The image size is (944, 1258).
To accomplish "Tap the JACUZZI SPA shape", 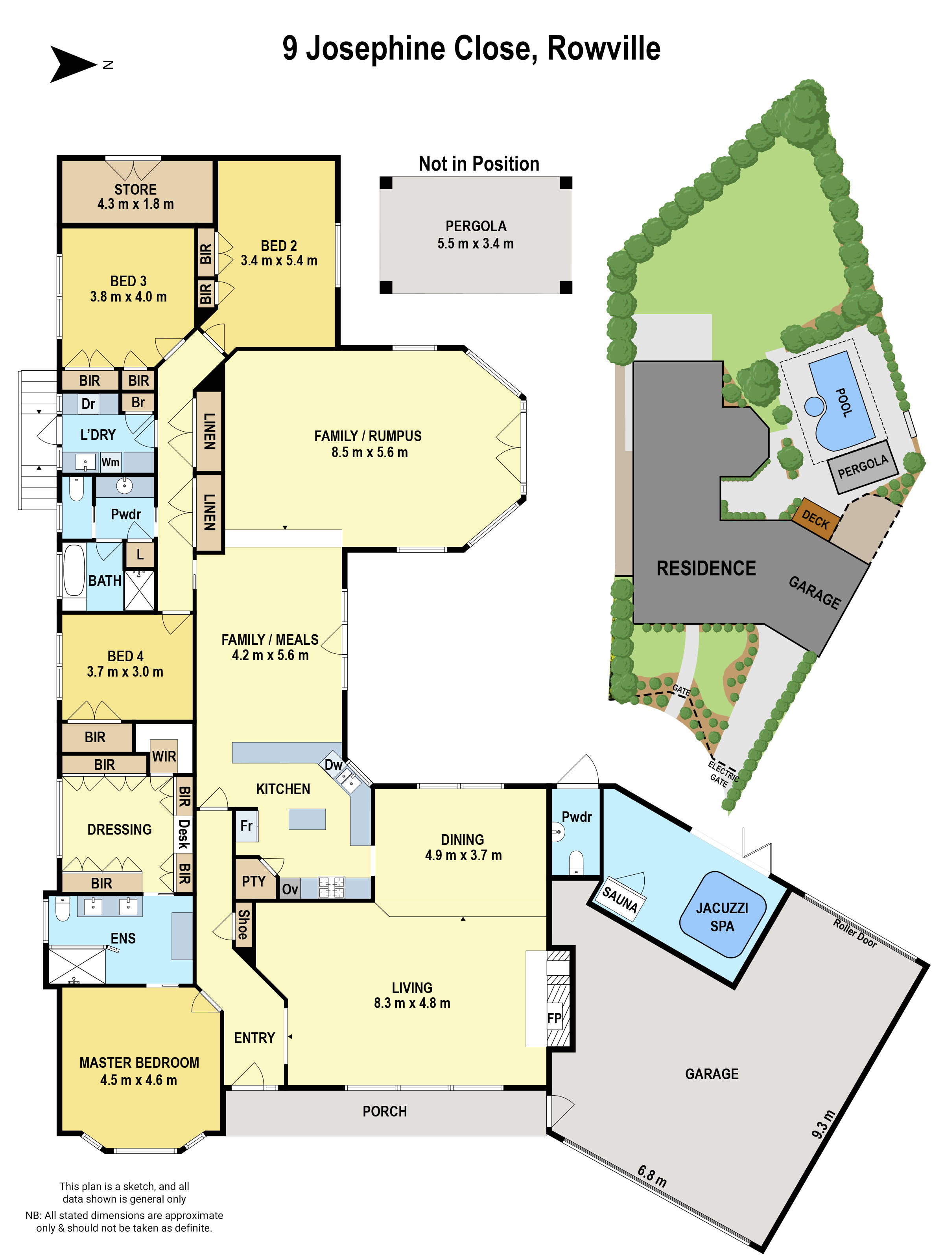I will [722, 917].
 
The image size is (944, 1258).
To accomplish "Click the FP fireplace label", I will [554, 1018].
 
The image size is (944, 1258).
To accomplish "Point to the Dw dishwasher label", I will [334, 765].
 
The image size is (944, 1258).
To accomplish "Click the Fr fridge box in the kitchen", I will [246, 825].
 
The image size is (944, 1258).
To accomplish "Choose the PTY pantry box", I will [254, 881].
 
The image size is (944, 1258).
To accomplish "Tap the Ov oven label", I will [289, 889].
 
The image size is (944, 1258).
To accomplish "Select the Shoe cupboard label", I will [243, 925].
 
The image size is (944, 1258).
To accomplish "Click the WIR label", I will [164, 756].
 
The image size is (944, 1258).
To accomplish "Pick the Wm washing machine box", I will [111, 462].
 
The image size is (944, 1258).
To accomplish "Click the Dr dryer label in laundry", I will [88, 404].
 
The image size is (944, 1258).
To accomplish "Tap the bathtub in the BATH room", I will [74, 570].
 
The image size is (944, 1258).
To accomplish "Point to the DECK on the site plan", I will [815, 519].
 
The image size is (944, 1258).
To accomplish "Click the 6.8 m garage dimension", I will [651, 1176].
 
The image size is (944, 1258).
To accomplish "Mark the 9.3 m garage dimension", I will [823, 1124].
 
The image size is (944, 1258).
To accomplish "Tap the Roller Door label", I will [855, 933].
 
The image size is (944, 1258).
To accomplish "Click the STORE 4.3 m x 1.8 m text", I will [135, 196].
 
